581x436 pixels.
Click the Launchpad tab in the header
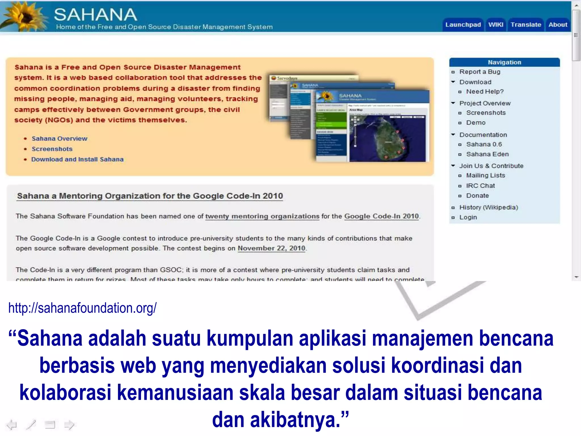click(x=463, y=25)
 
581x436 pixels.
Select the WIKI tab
click(x=496, y=25)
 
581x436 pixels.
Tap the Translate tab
click(x=526, y=25)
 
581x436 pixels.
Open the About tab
click(x=558, y=25)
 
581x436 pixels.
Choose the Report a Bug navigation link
click(x=480, y=72)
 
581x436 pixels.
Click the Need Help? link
click(x=485, y=92)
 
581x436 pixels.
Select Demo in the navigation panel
click(x=476, y=123)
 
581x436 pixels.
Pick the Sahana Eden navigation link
click(x=487, y=154)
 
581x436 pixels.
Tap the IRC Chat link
click(x=480, y=186)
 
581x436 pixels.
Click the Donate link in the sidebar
click(x=477, y=196)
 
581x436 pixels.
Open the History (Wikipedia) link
click(x=489, y=207)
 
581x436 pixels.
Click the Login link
click(x=468, y=217)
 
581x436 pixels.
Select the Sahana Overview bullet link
click(x=60, y=139)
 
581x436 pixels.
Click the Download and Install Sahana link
click(x=77, y=159)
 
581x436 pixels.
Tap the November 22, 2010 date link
click(x=271, y=248)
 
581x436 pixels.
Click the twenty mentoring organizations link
click(x=262, y=216)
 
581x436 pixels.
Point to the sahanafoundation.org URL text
click(x=83, y=308)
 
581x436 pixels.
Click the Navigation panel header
click(x=504, y=62)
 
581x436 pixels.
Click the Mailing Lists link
click(x=485, y=175)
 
